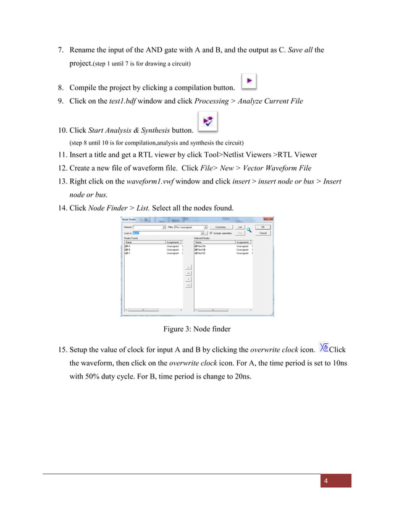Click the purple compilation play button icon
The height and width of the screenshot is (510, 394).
pos(249,81)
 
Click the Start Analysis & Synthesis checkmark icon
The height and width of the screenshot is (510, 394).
pos(208,122)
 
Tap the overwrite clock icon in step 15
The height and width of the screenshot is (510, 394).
pos(322,348)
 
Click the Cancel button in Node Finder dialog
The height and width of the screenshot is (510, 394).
pos(262,233)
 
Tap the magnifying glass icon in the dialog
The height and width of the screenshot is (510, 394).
pos(249,230)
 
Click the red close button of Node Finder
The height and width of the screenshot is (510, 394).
pos(267,219)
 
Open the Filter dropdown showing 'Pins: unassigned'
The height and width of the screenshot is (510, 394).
pos(191,227)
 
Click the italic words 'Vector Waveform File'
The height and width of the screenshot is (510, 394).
pos(277,169)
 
